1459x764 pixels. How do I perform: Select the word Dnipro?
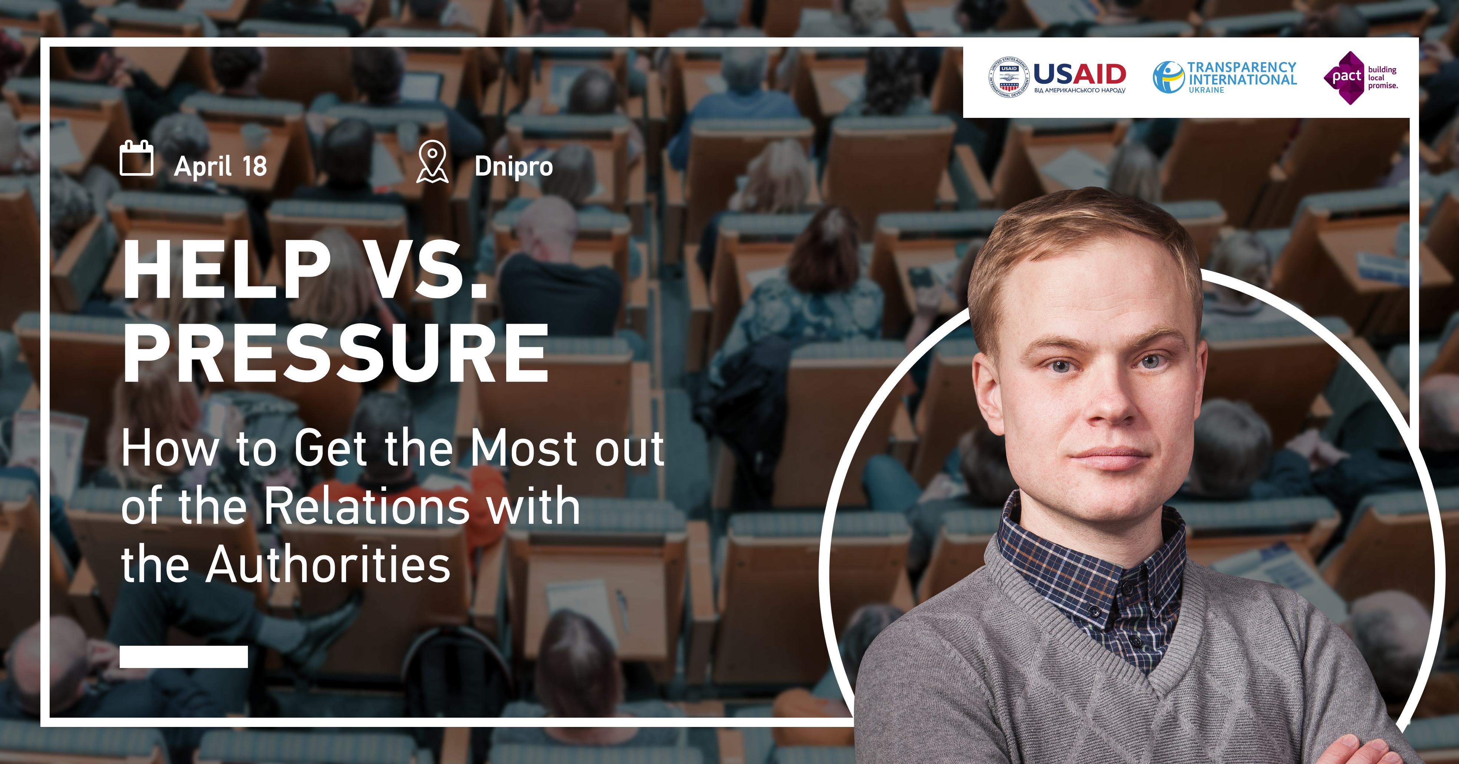(x=514, y=166)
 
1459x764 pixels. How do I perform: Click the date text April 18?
(x=220, y=166)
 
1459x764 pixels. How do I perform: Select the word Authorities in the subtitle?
(x=328, y=564)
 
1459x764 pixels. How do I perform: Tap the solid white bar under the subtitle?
(x=183, y=656)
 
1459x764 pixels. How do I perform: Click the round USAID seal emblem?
(x=1009, y=77)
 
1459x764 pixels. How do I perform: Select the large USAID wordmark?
(x=1080, y=74)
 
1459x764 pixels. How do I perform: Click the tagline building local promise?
(x=1383, y=77)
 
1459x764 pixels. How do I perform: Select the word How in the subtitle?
(x=170, y=448)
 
